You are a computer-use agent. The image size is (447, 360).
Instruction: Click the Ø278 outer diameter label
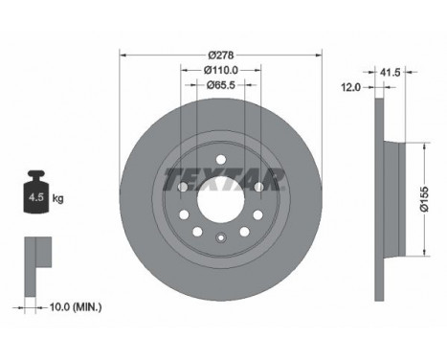pos(221,56)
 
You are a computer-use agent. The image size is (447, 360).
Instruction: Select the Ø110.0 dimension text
pos(221,70)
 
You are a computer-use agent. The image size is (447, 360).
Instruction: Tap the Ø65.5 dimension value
pos(221,85)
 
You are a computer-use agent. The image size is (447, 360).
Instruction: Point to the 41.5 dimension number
pos(390,73)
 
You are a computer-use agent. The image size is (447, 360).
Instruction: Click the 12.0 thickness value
pos(350,87)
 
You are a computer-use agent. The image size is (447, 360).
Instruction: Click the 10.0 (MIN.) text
pos(76,307)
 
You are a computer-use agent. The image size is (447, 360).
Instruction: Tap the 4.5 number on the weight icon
pos(36,197)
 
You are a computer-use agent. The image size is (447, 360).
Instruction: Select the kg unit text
pos(57,198)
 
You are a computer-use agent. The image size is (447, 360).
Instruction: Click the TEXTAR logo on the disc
pos(224,179)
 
